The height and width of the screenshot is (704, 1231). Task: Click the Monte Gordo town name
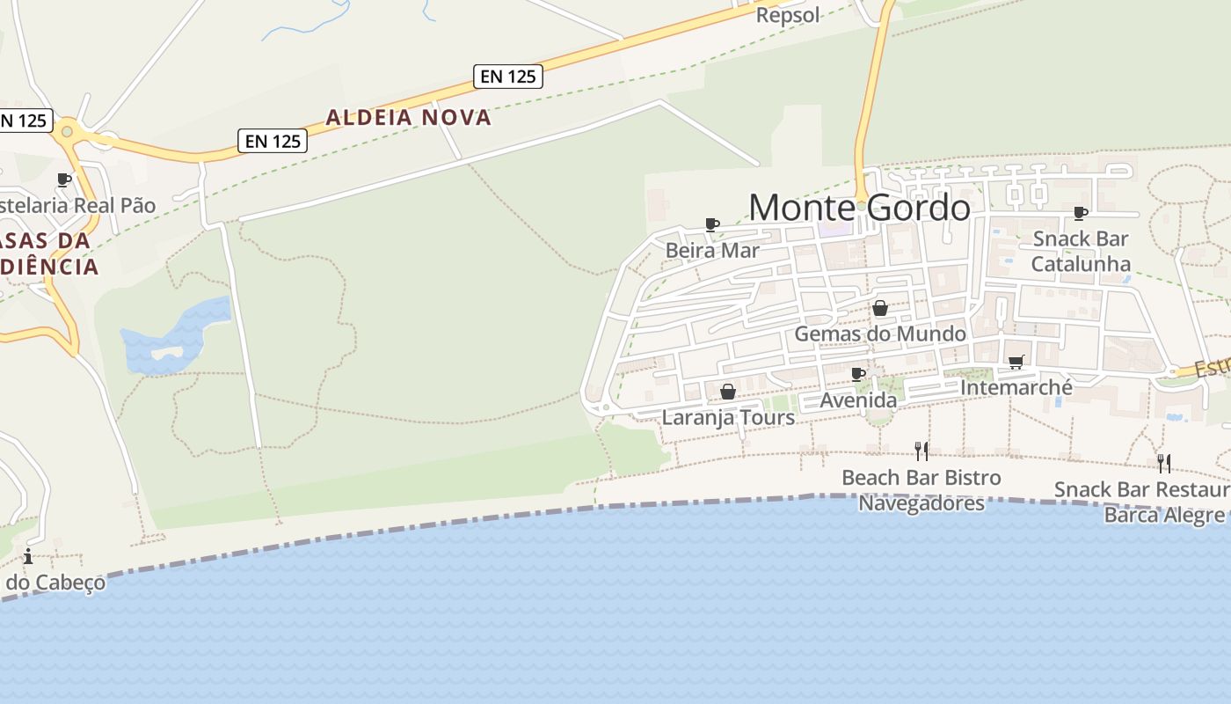pyautogui.click(x=859, y=208)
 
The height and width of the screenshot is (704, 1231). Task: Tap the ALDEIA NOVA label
pyautogui.click(x=408, y=117)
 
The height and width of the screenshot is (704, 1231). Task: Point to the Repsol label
pyautogui.click(x=787, y=15)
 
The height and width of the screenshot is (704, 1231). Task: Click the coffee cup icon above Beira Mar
pyautogui.click(x=712, y=225)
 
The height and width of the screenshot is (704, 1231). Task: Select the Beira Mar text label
pyautogui.click(x=712, y=250)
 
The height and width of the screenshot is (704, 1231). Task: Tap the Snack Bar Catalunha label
pyautogui.click(x=1081, y=251)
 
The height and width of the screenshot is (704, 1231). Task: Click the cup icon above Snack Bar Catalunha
pyautogui.click(x=1081, y=213)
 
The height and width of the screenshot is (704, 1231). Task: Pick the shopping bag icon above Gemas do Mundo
pyautogui.click(x=879, y=308)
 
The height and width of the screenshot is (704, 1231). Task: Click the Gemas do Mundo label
pyautogui.click(x=879, y=334)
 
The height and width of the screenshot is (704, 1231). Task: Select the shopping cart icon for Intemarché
pyautogui.click(x=1016, y=362)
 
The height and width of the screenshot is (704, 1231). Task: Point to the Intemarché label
pyautogui.click(x=1016, y=387)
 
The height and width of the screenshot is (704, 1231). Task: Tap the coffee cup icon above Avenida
pyautogui.click(x=858, y=375)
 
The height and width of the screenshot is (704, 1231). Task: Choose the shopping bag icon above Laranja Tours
pyautogui.click(x=728, y=392)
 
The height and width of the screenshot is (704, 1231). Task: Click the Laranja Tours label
pyautogui.click(x=728, y=417)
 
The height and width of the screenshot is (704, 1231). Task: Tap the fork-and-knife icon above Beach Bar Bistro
pyautogui.click(x=921, y=451)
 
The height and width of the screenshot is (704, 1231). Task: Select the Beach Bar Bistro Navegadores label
pyautogui.click(x=921, y=490)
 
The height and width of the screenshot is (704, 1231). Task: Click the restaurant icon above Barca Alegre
pyautogui.click(x=1163, y=463)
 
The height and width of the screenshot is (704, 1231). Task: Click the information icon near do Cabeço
pyautogui.click(x=28, y=556)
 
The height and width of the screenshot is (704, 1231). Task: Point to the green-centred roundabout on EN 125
pyautogui.click(x=66, y=133)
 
